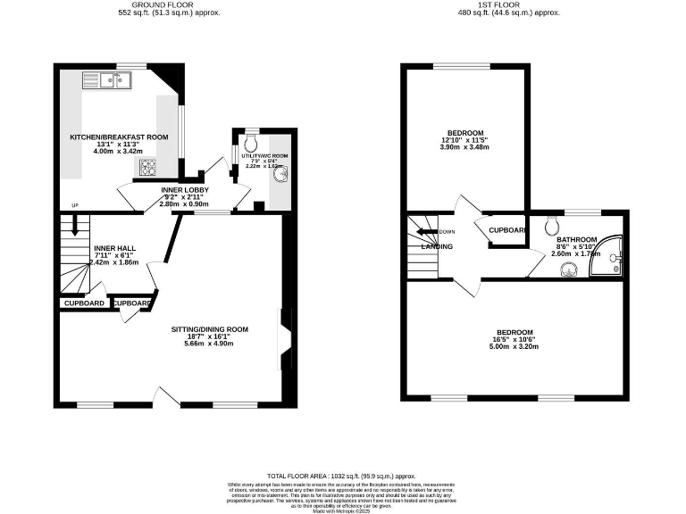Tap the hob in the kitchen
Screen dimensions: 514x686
[147, 167]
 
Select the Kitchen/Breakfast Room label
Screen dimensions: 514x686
[119, 137]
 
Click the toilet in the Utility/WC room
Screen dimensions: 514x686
[251, 143]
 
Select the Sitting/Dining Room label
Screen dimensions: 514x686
[210, 329]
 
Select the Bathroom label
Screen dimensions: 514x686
[579, 240]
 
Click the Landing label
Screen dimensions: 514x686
[438, 247]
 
